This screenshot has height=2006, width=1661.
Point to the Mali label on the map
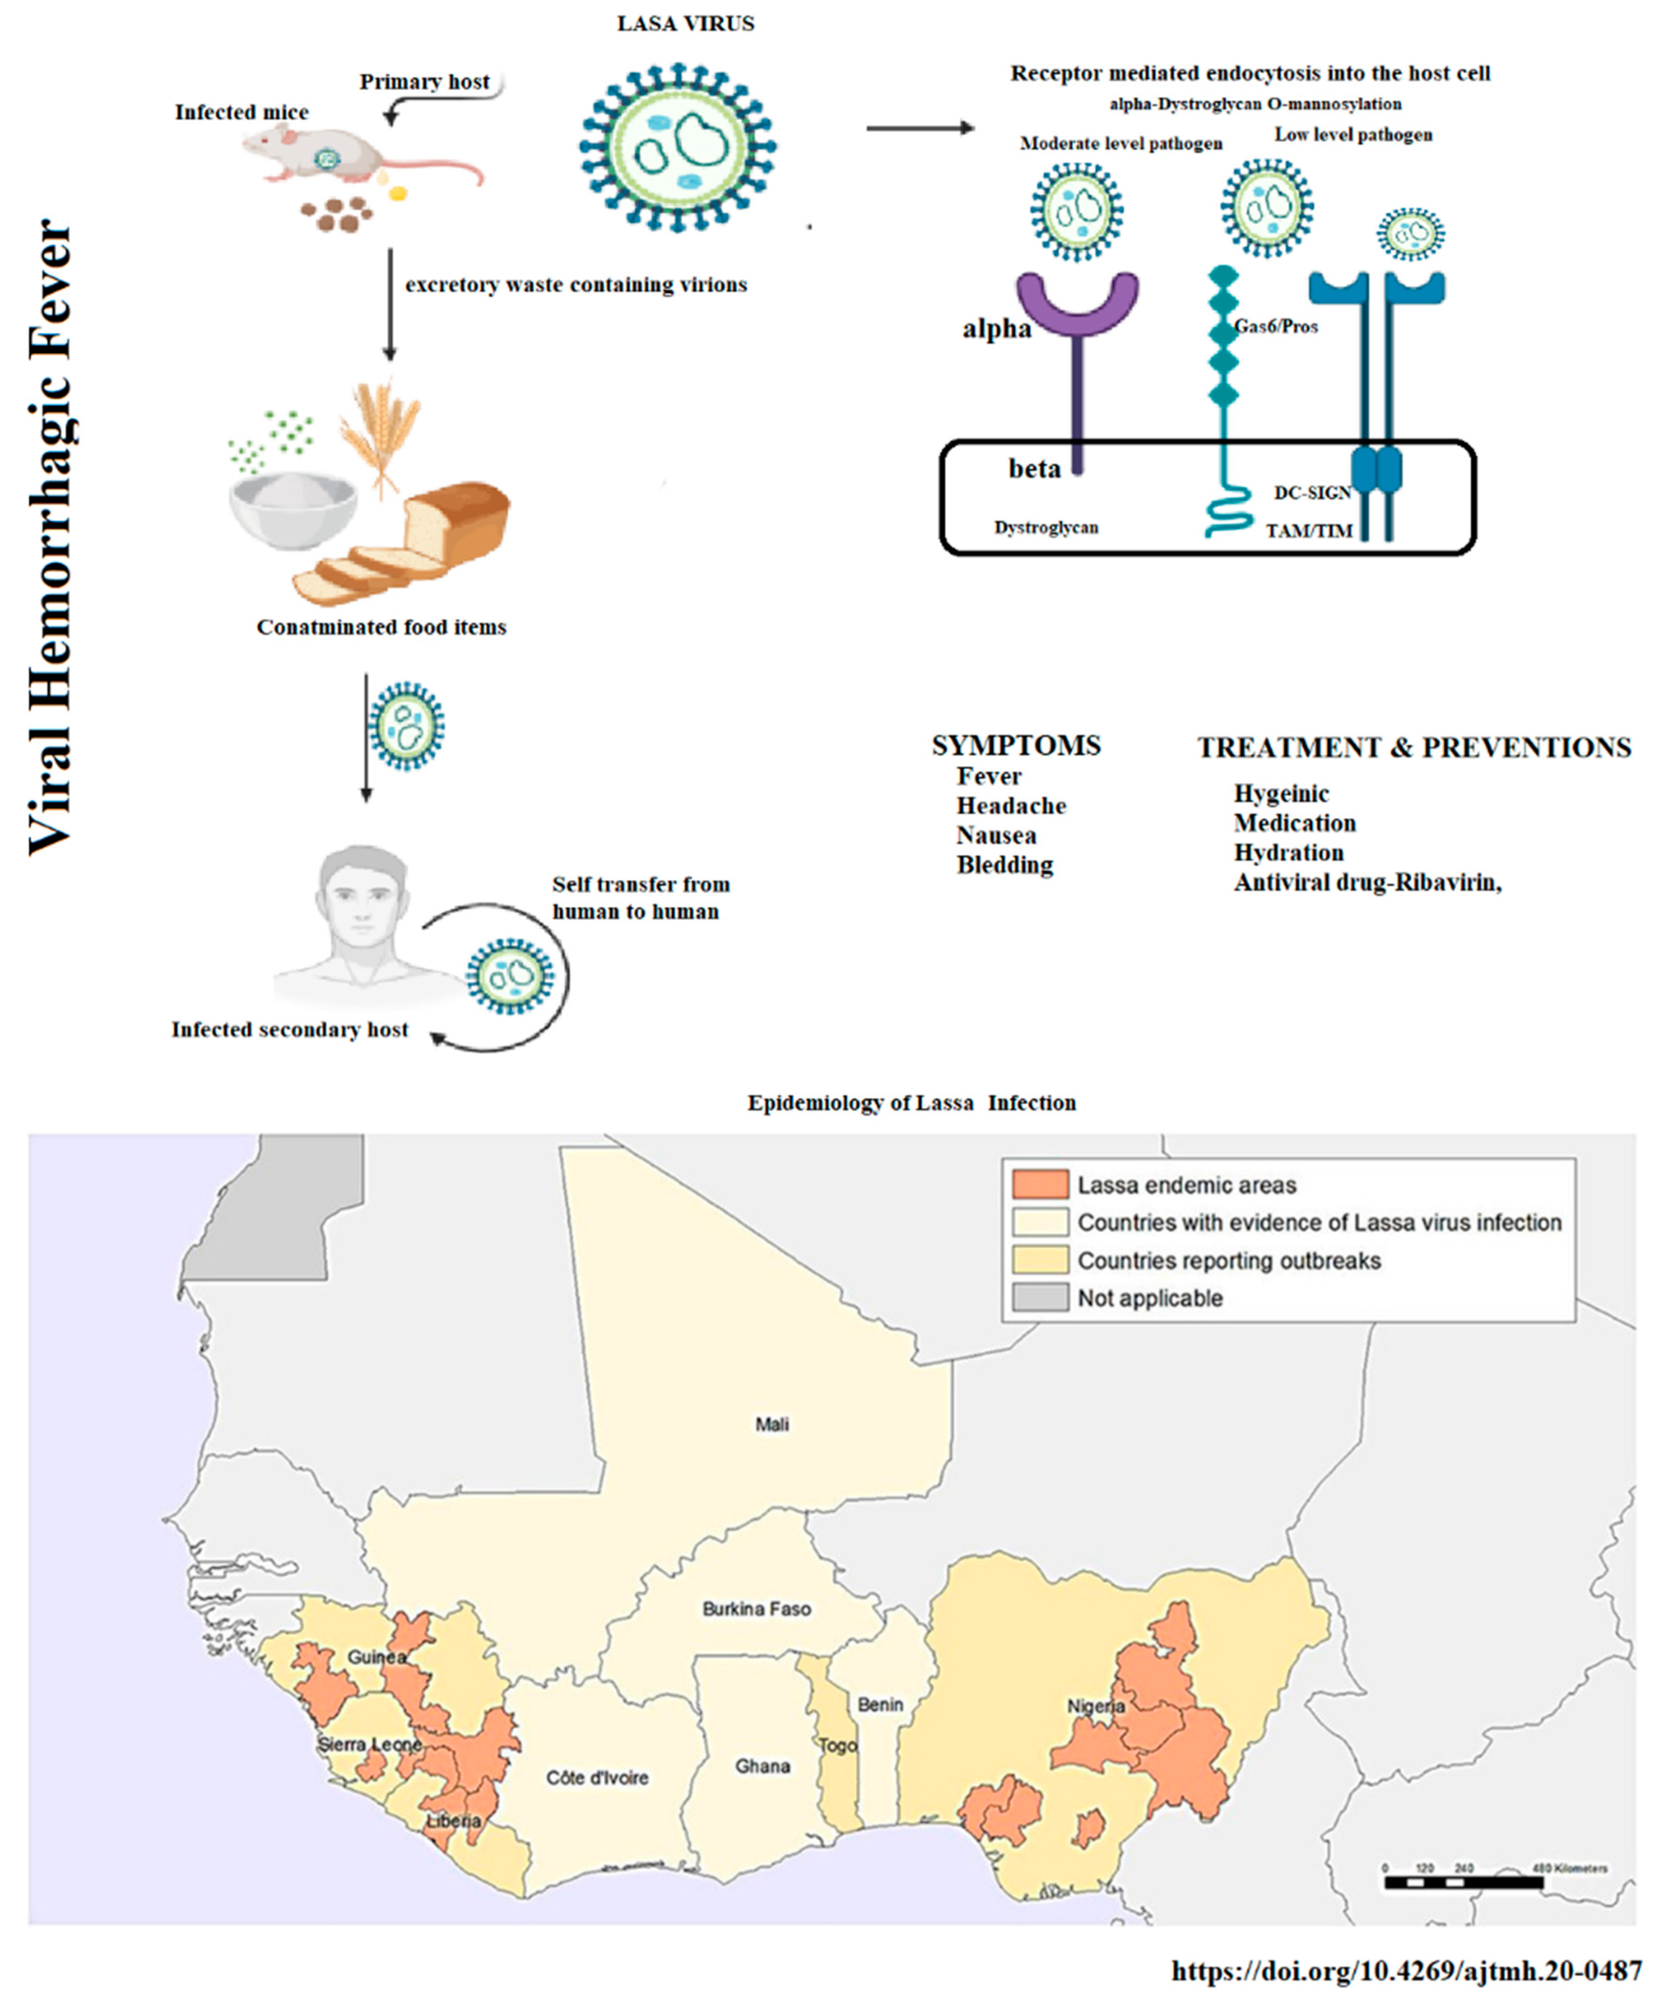coord(772,1424)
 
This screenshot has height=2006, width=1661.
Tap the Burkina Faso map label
coord(756,1609)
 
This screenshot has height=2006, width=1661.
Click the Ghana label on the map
coord(762,1766)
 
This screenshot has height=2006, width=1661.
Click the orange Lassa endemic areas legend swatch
coord(1039,1184)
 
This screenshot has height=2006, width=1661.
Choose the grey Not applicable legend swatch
coord(1039,1297)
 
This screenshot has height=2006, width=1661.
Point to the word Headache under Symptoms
coord(1011,805)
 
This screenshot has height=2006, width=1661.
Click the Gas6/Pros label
coord(1276,327)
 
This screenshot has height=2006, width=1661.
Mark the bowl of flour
coord(293,506)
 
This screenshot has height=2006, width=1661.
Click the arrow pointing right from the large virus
coord(919,127)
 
